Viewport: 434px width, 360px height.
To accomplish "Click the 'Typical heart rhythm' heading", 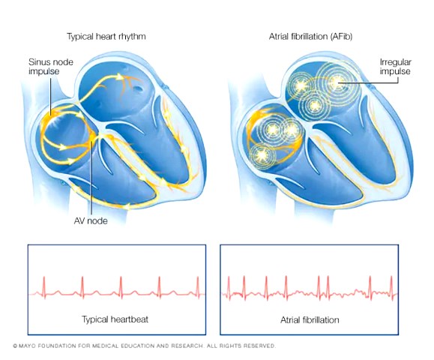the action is click(106, 37).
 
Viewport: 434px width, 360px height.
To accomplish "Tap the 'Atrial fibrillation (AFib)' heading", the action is click(310, 37).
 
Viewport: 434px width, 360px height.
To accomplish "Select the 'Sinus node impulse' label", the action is click(51, 67).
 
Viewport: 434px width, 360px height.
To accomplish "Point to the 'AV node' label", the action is click(91, 220).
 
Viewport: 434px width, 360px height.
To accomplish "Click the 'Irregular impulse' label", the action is click(395, 67).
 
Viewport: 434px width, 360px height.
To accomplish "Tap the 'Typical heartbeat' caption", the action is click(115, 319).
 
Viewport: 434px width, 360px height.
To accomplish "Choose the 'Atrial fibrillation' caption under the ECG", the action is click(310, 319).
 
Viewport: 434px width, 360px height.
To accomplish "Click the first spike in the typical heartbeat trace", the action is click(44, 286).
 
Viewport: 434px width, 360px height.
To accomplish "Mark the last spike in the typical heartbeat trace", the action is click(198, 286).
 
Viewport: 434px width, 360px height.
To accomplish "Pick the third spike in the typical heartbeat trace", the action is click(121, 286).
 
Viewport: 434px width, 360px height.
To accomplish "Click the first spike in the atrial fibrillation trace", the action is click(229, 287).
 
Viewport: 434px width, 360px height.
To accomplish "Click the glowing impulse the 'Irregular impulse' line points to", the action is click(337, 82).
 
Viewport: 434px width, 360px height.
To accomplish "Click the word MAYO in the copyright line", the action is click(26, 346).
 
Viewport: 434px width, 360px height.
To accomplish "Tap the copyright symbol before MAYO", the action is click(15, 346).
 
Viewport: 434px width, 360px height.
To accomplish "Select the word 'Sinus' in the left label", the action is click(37, 61).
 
